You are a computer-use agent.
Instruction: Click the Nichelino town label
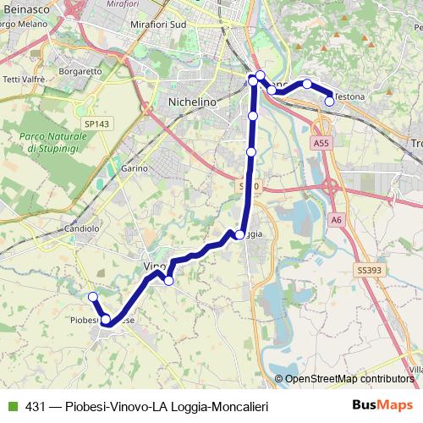[x=194, y=101]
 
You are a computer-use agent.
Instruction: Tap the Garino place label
[x=135, y=169]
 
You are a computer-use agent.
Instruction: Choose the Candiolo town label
[x=81, y=228]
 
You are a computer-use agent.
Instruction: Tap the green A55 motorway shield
[x=321, y=144]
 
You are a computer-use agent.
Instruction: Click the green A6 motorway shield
[x=338, y=220]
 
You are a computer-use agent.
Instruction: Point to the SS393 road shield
[x=369, y=271]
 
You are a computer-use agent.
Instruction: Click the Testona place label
[x=350, y=97]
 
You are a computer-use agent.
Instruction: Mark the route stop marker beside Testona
[x=329, y=102]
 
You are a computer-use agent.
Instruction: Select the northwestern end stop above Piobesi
[x=93, y=296]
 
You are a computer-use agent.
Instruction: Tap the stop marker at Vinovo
[x=169, y=281]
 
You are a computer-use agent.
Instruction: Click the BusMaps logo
[x=382, y=406]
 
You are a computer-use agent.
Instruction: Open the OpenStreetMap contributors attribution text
[x=349, y=379]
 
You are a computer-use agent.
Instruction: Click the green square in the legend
[x=12, y=407]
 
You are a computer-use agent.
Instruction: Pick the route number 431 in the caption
[x=36, y=407]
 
